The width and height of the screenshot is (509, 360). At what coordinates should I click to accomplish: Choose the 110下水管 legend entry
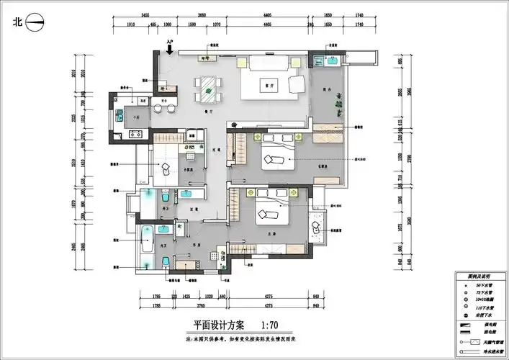tap(485, 307)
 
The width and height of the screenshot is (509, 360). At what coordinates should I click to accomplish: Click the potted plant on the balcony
tap(335, 104)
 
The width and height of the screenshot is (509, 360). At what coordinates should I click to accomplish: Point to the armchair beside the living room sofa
tap(295, 85)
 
